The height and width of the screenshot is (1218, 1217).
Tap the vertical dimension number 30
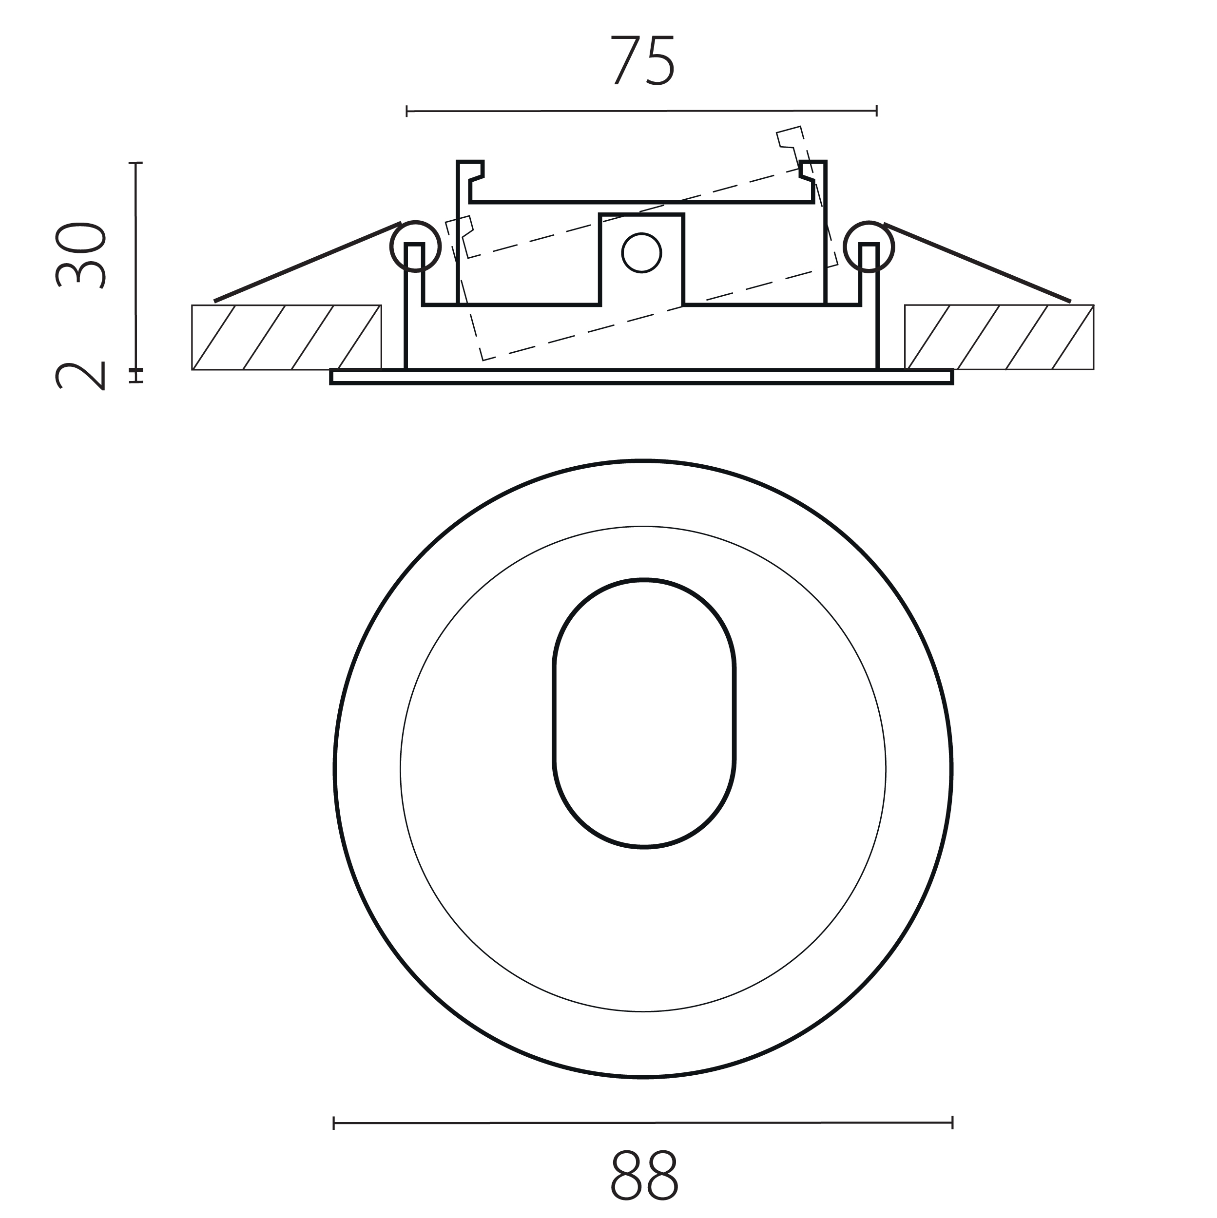[80, 255]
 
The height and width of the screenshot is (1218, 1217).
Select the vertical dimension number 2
[80, 377]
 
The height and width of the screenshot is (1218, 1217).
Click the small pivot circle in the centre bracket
[641, 253]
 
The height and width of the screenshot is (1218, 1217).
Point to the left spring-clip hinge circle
[415, 247]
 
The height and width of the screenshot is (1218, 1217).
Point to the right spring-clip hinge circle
[869, 247]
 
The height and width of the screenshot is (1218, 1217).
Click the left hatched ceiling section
[286, 337]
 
